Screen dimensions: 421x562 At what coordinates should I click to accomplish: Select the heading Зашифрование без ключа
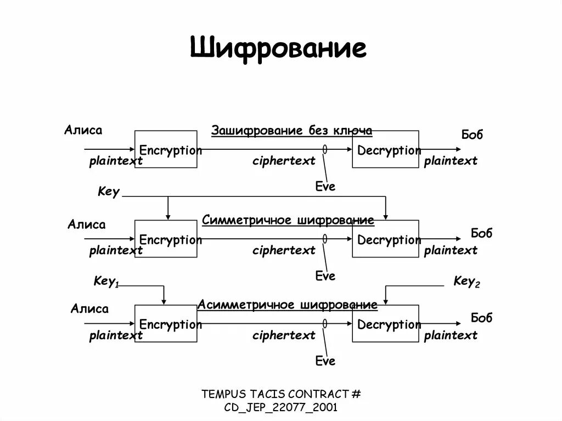click(x=292, y=131)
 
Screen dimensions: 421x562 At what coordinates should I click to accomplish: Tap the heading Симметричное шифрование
click(x=288, y=220)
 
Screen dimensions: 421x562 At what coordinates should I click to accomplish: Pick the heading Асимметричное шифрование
click(x=288, y=305)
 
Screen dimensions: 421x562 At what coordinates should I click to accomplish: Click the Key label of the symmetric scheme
click(x=109, y=192)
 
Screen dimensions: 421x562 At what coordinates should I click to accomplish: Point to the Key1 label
click(x=106, y=282)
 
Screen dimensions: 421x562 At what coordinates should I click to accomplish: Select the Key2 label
click(x=467, y=282)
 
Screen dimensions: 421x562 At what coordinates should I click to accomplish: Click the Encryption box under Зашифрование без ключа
click(x=166, y=149)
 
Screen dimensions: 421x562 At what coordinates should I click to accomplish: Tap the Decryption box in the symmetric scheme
click(x=385, y=239)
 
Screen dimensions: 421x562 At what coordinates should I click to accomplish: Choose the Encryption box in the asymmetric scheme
click(x=166, y=324)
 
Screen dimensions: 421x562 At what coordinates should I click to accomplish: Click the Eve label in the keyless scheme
click(x=325, y=187)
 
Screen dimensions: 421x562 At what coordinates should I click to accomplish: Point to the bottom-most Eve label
click(x=325, y=361)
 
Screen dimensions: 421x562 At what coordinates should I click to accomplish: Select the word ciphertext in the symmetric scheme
click(x=284, y=250)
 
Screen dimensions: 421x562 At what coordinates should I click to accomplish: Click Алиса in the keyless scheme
click(x=83, y=130)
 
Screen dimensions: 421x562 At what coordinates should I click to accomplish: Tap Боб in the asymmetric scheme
click(x=482, y=317)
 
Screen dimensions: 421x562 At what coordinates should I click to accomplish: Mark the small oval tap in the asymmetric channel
click(x=325, y=323)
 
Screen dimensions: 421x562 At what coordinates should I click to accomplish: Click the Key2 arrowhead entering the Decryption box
click(x=385, y=301)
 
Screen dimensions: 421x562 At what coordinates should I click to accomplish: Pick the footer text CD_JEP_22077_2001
click(x=281, y=407)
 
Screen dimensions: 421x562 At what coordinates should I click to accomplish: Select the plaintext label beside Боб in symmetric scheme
click(x=451, y=250)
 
